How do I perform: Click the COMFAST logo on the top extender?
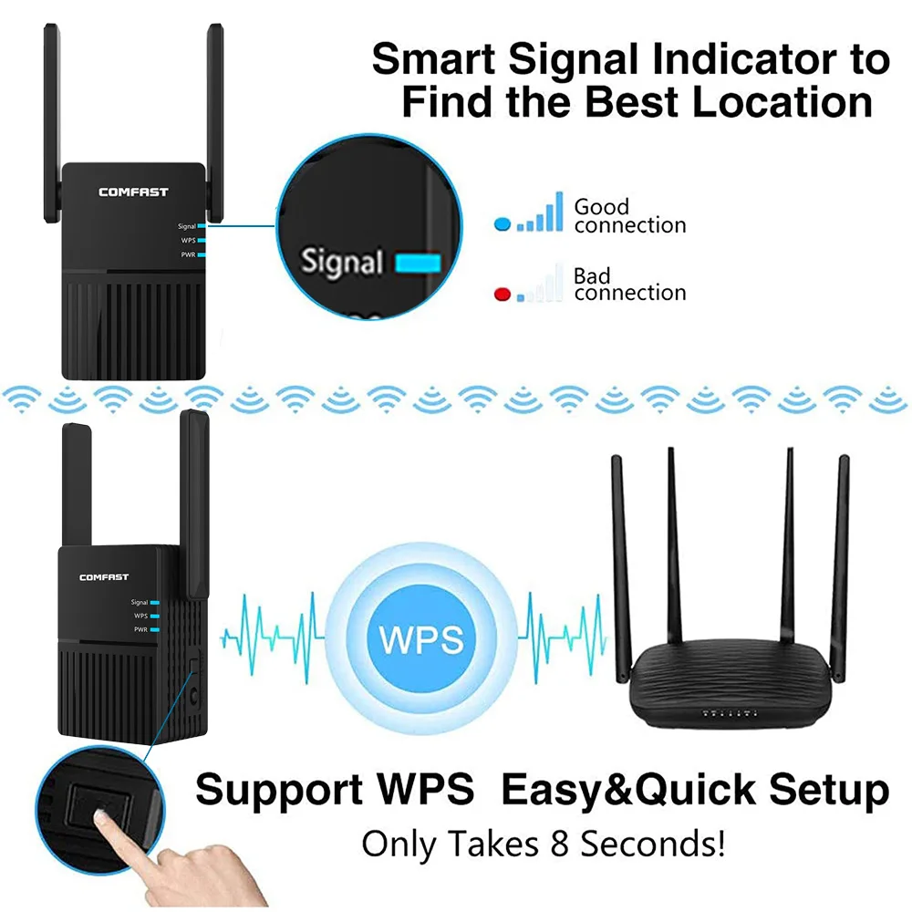point(133,192)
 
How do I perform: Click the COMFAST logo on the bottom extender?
point(104,577)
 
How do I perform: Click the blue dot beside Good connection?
point(501,223)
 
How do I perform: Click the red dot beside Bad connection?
point(501,294)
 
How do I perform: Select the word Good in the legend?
point(601,207)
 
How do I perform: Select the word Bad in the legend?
point(592,275)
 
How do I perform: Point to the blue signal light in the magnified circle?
point(419,264)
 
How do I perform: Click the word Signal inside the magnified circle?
point(342,263)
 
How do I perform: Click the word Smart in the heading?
point(434,61)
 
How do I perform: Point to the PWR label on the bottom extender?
point(140,629)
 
